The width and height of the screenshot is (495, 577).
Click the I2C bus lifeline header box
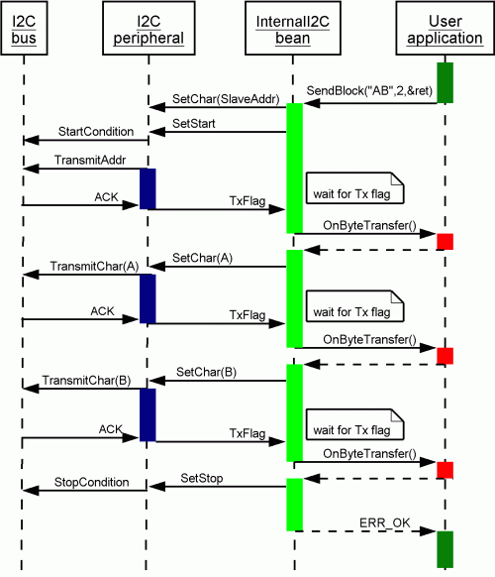tap(24, 29)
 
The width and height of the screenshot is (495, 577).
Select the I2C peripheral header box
tap(148, 29)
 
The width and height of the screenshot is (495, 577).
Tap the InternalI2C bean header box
tap(293, 29)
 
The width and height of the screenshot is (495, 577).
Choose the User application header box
tap(445, 29)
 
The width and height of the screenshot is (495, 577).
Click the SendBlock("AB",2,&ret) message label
tap(369, 91)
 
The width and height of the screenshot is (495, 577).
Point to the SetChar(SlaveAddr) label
tap(226, 99)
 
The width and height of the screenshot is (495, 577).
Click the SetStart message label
tap(194, 124)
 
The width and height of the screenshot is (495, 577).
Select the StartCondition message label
tap(96, 132)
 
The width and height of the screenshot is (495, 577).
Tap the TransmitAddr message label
tap(90, 160)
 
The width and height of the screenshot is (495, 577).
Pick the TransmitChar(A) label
tap(94, 267)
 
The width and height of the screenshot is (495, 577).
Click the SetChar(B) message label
tap(206, 372)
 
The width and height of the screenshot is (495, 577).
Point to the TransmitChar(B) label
tap(87, 381)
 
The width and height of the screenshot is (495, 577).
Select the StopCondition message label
tap(91, 483)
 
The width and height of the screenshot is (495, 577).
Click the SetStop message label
tap(202, 479)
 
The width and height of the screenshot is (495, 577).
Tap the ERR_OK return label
tap(384, 523)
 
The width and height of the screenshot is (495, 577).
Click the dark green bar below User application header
tap(445, 83)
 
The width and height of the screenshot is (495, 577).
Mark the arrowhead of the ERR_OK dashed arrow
tap(428, 531)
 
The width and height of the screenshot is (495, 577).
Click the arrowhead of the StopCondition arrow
tap(31, 490)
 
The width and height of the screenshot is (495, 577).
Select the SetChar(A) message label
tap(203, 258)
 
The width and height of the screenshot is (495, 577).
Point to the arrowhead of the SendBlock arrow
tap(312, 103)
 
